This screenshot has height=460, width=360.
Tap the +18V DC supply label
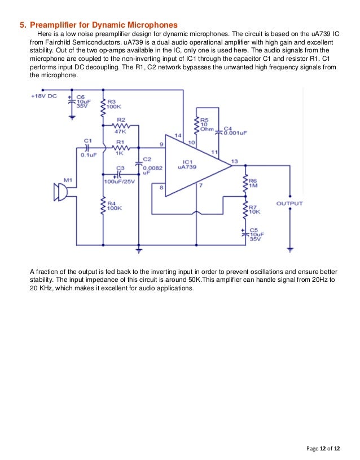click(43, 96)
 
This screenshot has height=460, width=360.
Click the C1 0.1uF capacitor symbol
click(87, 148)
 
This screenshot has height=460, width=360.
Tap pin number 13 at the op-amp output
click(234, 161)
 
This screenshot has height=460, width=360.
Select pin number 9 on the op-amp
click(161, 144)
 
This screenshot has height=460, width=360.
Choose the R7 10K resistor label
click(254, 210)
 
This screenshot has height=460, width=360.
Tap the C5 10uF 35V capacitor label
click(255, 235)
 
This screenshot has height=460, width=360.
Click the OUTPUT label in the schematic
click(289, 204)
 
